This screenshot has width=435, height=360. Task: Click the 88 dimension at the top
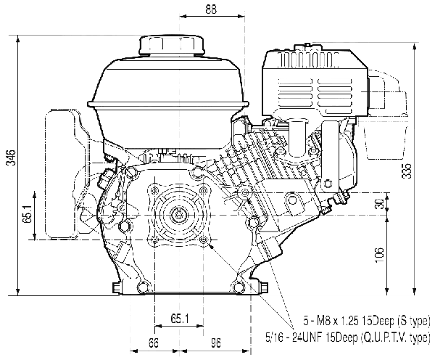pos(211,9)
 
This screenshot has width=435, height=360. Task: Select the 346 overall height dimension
pos(12,157)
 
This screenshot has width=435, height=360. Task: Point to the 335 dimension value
pos(407,171)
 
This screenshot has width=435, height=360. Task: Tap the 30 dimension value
pos(381,204)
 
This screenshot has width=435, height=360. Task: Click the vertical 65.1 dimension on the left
pos(28,215)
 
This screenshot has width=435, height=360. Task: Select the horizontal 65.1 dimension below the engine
pos(180,319)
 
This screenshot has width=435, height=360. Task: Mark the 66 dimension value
pos(154,343)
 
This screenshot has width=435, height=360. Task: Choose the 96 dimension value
pos(216,343)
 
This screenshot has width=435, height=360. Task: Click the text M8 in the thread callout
pos(323,321)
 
